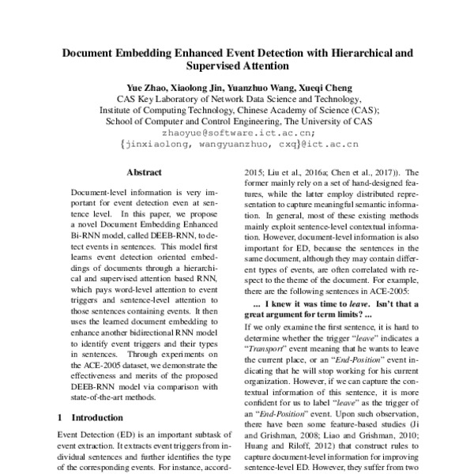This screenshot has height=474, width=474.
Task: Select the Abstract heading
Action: click(x=144, y=172)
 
